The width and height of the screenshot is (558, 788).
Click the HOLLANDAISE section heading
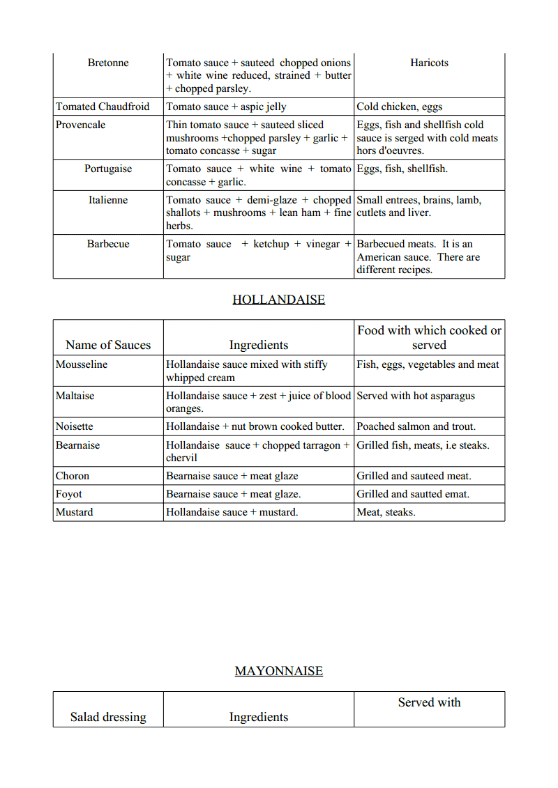pos(278,300)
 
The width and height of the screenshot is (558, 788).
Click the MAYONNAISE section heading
pos(278,671)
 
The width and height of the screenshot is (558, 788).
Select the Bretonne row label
pos(108,63)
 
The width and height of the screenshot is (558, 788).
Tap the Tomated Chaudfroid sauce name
pos(103,107)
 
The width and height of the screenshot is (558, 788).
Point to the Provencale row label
pos(81,125)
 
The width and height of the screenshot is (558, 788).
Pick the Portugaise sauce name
pos(108,169)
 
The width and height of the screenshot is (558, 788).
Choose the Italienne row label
pos(108,200)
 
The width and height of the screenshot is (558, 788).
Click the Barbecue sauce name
pos(108,244)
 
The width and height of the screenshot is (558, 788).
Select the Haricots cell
pos(429,63)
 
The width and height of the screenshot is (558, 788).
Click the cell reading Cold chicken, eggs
pos(399,107)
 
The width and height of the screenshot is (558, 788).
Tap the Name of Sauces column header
pos(108,345)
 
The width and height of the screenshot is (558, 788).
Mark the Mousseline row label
pos(82,364)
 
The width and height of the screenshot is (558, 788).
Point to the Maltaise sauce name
pos(75,396)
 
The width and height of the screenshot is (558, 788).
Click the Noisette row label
pos(74,426)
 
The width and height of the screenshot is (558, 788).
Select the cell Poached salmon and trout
pos(416,426)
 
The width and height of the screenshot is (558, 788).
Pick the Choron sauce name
pos(73,476)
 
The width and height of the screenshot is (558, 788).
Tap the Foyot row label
pos(69,494)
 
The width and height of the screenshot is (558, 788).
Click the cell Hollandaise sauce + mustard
pos(232,512)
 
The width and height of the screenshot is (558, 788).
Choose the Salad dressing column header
pos(108,717)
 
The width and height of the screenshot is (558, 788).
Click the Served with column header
pos(429,702)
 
